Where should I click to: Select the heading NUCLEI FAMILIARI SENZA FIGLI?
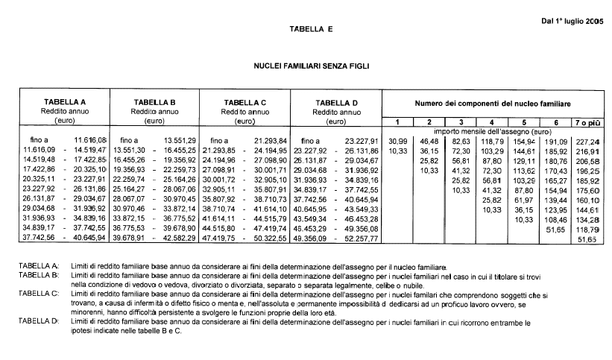312,66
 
